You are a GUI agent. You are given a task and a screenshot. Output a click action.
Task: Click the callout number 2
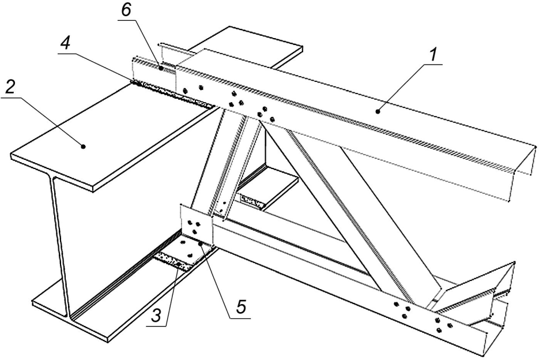point(10,89)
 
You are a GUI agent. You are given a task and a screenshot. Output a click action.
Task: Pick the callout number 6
point(126,11)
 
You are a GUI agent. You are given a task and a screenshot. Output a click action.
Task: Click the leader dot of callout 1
point(378,111)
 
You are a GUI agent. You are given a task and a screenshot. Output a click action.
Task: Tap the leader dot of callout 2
point(83,147)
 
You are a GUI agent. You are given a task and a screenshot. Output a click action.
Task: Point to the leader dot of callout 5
point(200,243)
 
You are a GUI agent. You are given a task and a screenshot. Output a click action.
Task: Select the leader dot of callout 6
point(161,68)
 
